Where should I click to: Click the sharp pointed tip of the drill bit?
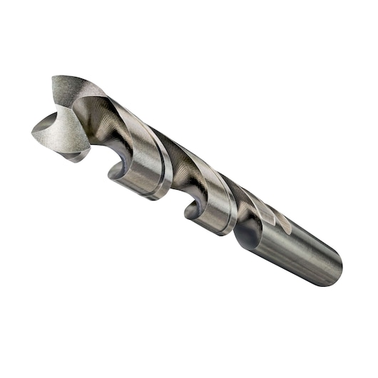pos(34,131)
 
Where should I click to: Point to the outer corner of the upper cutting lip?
pos(55,78)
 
